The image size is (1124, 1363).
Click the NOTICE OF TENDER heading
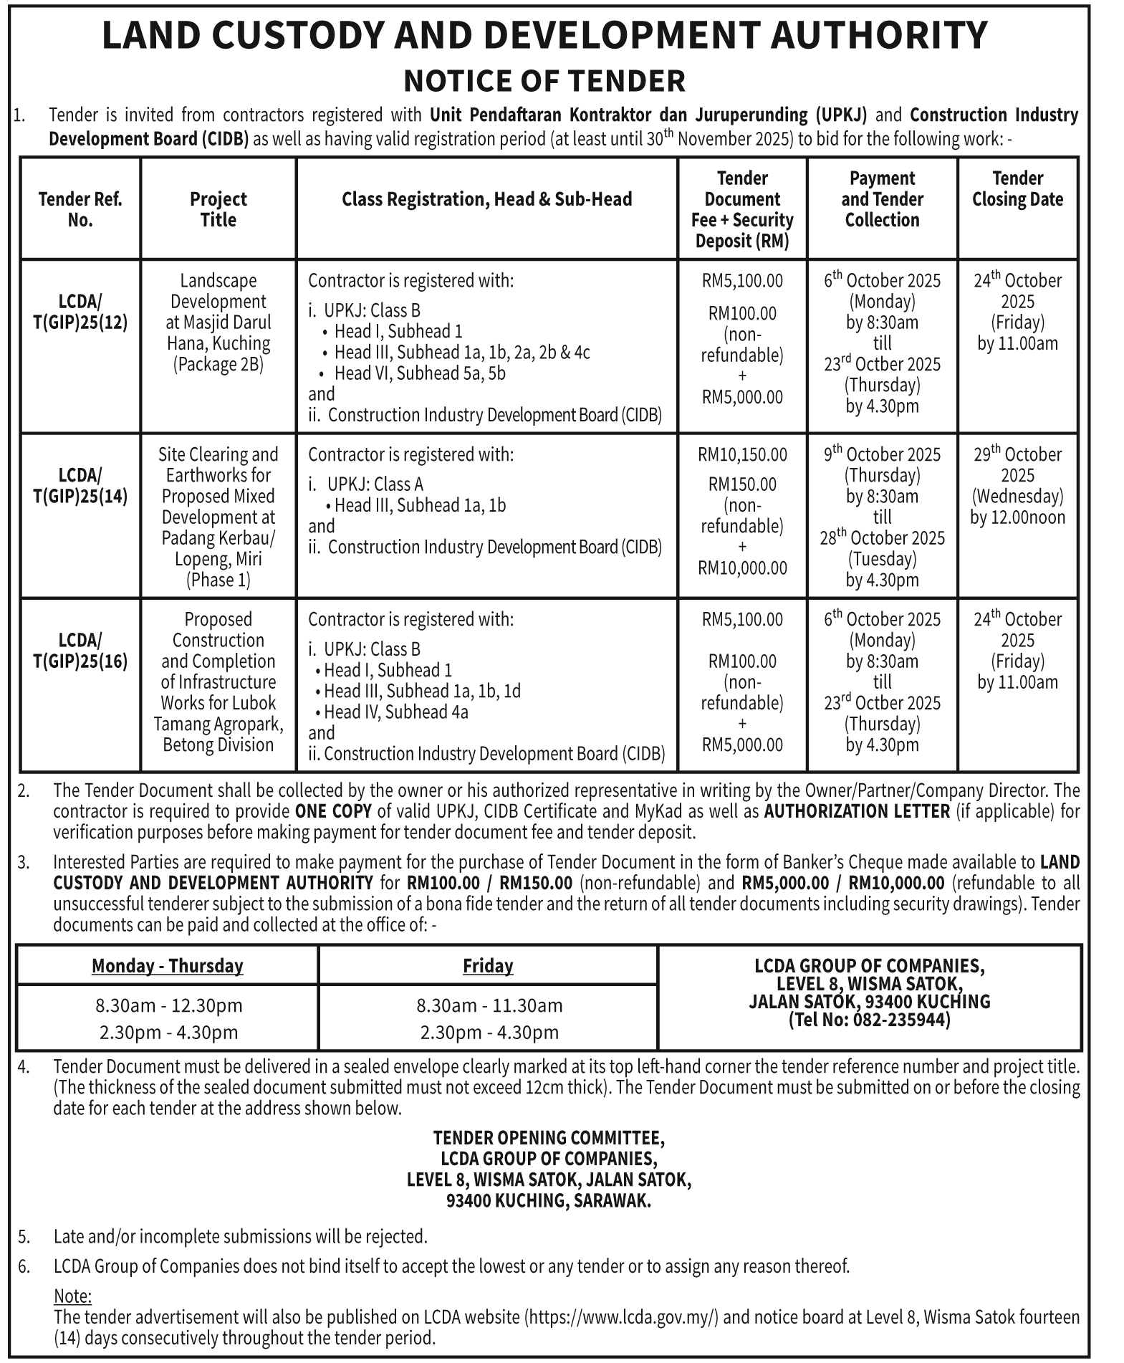(x=544, y=80)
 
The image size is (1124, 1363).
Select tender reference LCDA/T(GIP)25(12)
(x=80, y=312)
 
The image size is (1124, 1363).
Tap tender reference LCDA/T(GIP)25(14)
(x=80, y=485)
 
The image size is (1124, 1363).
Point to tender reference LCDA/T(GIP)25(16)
(x=80, y=650)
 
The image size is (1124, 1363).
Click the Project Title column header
(x=218, y=209)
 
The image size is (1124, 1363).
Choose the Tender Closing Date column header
(x=1017, y=188)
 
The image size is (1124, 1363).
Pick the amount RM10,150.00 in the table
(x=742, y=454)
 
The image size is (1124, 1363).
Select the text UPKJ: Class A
(x=375, y=484)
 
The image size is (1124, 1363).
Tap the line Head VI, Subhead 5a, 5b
(x=420, y=373)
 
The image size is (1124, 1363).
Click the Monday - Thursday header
(x=168, y=966)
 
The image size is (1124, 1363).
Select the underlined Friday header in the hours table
(x=488, y=966)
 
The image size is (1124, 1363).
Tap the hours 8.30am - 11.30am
(x=489, y=1005)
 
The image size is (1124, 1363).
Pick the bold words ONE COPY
(x=333, y=811)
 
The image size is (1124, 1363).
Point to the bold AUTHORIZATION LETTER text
(x=857, y=811)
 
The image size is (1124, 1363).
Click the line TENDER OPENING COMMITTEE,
(x=549, y=1137)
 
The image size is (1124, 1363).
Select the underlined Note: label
(x=72, y=1296)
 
